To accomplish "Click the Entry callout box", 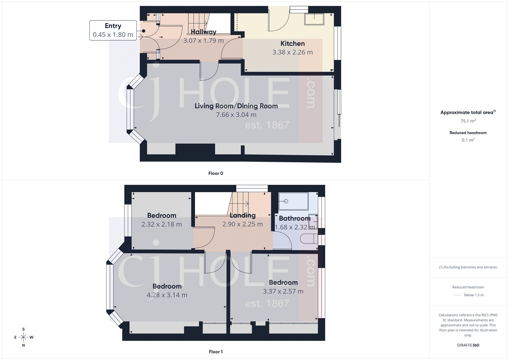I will (113, 30).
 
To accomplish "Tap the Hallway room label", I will (203, 32).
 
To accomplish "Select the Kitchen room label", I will (292, 44).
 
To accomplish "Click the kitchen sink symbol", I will (314, 19).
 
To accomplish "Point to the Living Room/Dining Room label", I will (236, 106).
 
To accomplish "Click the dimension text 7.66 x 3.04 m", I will (236, 115).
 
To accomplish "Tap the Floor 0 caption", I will (216, 173).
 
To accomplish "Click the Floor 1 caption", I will (216, 352).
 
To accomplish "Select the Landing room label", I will (243, 215).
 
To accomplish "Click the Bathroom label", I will (295, 218).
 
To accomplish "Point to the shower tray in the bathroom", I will (293, 201).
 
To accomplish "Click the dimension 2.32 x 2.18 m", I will (162, 224).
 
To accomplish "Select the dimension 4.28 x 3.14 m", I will (167, 295).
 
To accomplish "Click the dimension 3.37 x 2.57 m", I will (283, 291).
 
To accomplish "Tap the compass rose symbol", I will (24, 337).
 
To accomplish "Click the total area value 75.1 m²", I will (468, 121).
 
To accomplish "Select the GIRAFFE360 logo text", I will (468, 345).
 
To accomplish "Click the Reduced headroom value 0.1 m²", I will (468, 140).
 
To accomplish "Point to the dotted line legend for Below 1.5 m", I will (457, 295).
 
